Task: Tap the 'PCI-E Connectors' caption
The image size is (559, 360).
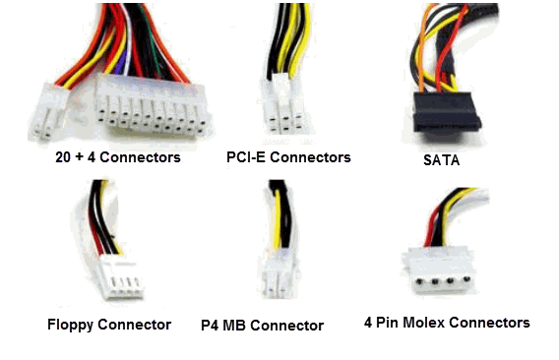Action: coord(288,157)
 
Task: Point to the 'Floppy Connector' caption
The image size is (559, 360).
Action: coord(108,325)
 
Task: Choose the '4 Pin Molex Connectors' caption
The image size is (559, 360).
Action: coord(461,323)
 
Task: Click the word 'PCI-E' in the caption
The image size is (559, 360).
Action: coord(246,157)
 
